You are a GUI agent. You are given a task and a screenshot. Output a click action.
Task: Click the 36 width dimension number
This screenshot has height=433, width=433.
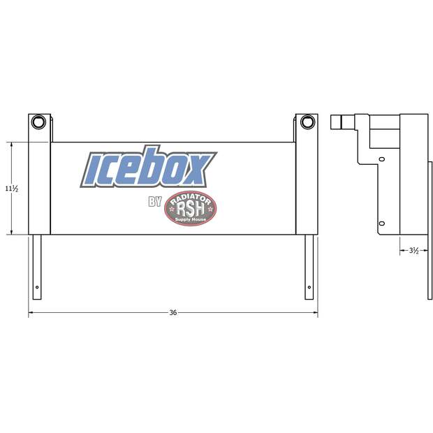point(173,312)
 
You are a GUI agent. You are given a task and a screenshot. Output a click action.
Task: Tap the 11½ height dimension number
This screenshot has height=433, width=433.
point(11,189)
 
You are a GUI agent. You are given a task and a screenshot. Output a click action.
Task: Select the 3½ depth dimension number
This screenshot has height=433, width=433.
point(413,250)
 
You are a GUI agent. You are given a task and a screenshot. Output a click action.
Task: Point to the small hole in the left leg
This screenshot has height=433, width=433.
point(37,287)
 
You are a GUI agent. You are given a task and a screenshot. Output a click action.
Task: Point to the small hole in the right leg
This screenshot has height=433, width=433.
point(309,287)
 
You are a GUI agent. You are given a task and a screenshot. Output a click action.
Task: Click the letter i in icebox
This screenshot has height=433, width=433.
point(96,168)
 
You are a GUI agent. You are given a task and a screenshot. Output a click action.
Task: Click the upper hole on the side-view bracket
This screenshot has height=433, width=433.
point(381,159)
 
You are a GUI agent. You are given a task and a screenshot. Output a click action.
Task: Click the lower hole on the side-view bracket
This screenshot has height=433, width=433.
point(381,223)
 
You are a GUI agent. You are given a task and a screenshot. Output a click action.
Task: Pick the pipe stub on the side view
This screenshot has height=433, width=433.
point(337,123)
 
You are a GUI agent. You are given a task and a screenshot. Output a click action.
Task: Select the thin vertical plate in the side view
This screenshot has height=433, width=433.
point(429,230)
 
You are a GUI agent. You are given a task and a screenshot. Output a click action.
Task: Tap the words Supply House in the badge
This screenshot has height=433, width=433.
point(190,219)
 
